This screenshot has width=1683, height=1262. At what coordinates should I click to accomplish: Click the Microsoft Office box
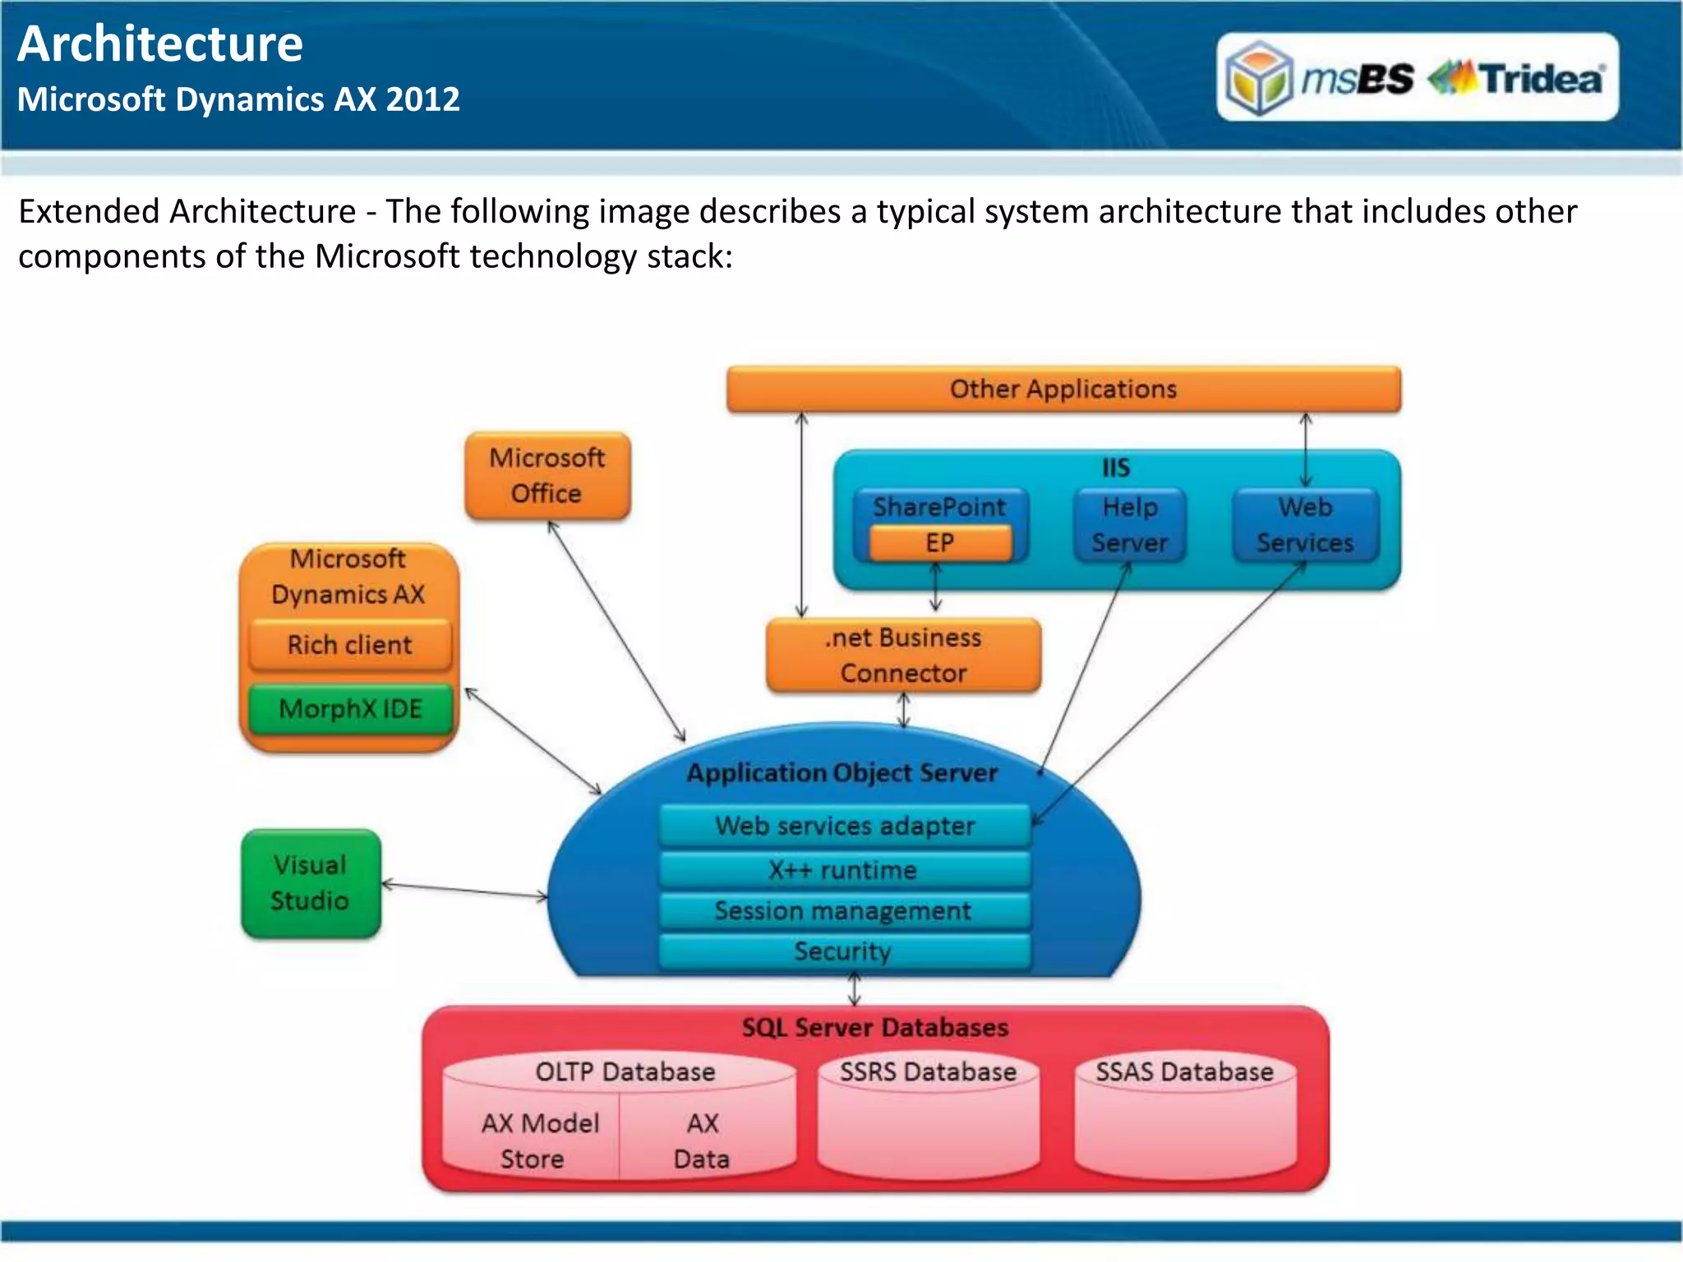(547, 476)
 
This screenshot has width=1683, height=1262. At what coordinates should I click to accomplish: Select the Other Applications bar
(1063, 389)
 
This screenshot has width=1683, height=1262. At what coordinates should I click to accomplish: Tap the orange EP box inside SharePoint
(940, 543)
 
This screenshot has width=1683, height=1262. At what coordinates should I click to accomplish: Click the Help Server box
(1130, 525)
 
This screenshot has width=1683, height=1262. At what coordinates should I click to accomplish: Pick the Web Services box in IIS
(1305, 525)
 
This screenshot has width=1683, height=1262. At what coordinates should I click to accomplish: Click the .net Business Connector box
(903, 655)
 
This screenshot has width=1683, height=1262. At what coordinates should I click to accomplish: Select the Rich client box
(350, 645)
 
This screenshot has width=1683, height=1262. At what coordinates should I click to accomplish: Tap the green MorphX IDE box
(350, 708)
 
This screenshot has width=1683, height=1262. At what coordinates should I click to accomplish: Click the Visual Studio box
(311, 883)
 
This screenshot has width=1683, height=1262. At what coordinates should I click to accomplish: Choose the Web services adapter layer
(845, 826)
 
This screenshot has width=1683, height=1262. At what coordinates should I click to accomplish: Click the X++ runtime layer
(845, 870)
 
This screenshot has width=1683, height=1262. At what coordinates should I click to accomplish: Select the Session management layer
(845, 911)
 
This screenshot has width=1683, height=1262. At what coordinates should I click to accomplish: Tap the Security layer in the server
(845, 951)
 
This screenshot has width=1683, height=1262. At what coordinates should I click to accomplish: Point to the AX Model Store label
(538, 1140)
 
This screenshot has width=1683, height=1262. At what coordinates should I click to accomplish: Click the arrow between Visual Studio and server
(464, 890)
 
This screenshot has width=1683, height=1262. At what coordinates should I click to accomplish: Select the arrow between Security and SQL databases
(855, 989)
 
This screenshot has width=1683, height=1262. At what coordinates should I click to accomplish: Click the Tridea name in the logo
(1542, 80)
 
